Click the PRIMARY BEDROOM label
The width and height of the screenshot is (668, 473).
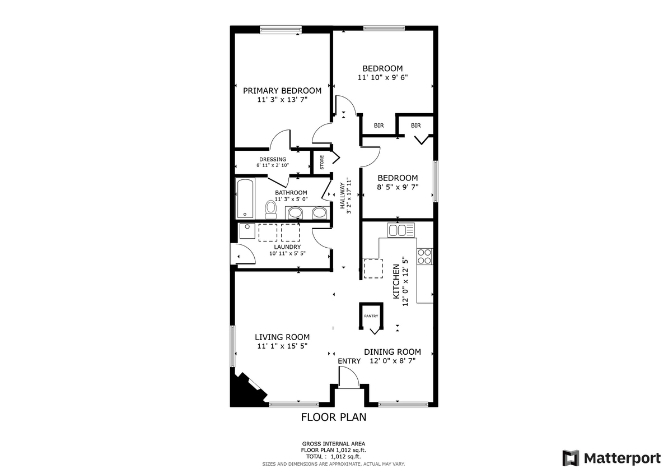click(282, 91)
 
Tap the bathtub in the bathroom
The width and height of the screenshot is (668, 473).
click(245, 198)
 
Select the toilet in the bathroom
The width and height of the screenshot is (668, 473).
click(271, 210)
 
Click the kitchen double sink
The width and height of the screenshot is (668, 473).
click(401, 230)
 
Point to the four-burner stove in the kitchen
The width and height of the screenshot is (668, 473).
click(425, 256)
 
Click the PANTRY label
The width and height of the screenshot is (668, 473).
click(371, 316)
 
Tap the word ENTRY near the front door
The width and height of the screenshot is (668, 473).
click(349, 361)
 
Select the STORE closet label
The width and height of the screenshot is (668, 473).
click(322, 163)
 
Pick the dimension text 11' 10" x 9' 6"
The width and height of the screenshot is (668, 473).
click(382, 78)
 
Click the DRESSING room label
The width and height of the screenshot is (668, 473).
click(273, 159)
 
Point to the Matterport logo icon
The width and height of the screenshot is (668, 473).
click(571, 458)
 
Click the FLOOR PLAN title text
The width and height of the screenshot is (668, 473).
click(334, 417)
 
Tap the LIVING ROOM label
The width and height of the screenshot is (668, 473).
click(282, 337)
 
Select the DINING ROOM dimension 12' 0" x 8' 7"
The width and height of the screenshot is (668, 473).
click(393, 361)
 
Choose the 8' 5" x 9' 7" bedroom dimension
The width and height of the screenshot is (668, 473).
click(397, 187)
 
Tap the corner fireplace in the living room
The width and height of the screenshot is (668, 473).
click(244, 390)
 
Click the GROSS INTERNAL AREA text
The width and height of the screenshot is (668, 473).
click(334, 443)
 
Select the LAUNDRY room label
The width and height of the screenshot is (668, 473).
click(287, 247)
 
